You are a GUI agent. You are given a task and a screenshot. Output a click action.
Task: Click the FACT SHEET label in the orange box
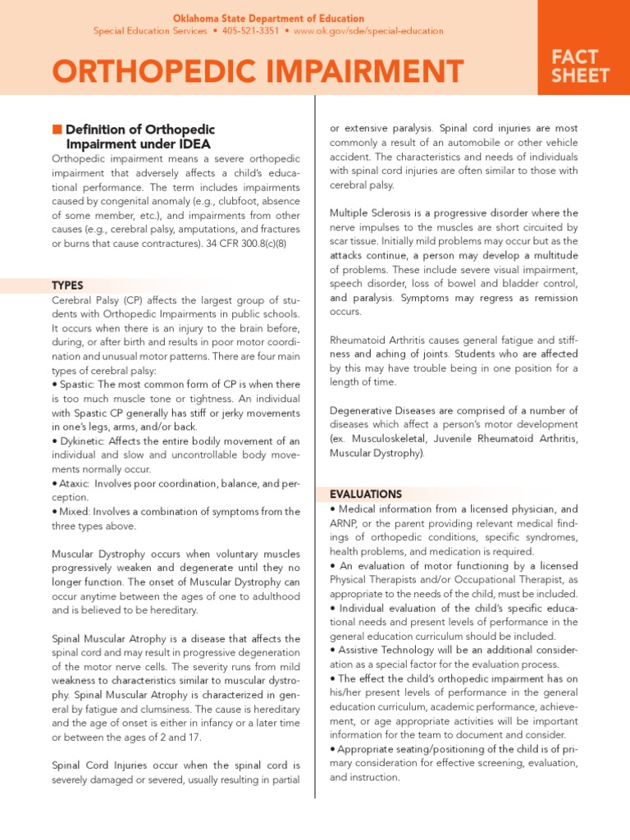click(x=583, y=66)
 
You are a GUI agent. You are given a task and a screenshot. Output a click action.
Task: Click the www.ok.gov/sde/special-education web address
click(x=368, y=31)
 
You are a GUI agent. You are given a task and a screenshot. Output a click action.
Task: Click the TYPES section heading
click(x=68, y=285)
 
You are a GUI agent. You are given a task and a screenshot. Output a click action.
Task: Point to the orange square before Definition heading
click(x=57, y=129)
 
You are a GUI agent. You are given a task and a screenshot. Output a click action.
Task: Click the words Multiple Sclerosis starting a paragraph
click(x=371, y=213)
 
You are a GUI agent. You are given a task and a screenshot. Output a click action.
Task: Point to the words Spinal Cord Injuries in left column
click(x=104, y=765)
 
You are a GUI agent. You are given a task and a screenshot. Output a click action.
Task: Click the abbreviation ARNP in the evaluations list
click(x=345, y=523)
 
